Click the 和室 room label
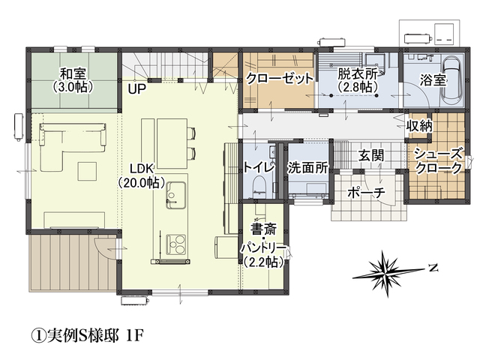(73, 73)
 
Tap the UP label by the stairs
(136, 89)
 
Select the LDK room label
(141, 169)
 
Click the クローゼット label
(280, 79)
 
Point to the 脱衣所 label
(357, 73)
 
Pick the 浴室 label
(433, 80)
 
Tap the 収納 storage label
(419, 125)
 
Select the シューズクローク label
(439, 160)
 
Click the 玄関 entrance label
(371, 155)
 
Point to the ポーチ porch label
(366, 193)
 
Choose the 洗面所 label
(307, 168)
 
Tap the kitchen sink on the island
(175, 195)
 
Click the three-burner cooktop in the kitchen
(175, 244)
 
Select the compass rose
(388, 273)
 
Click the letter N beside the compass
(433, 268)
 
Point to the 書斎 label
(264, 228)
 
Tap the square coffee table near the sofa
(88, 171)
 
